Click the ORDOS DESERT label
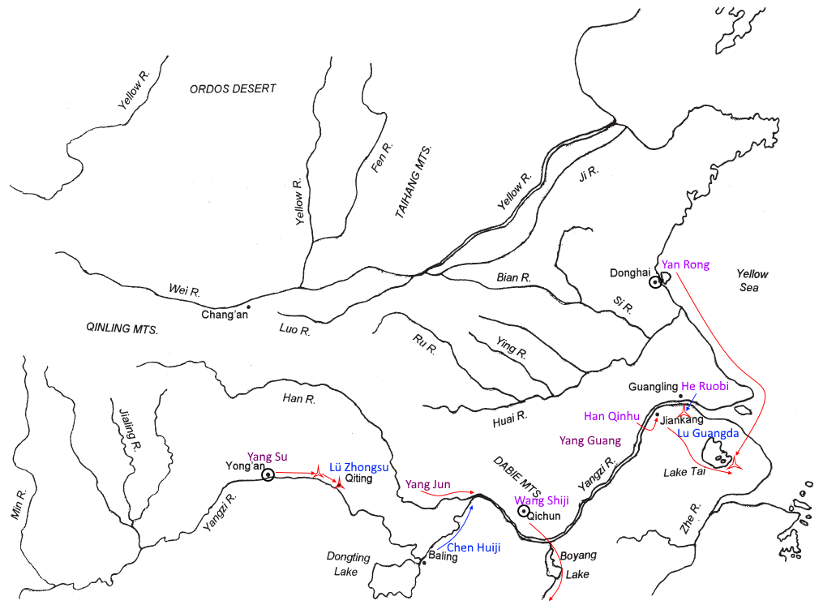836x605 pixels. coord(233,88)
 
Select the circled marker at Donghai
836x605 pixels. coord(654,282)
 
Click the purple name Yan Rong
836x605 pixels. coord(685,264)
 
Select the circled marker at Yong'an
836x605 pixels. coord(268,474)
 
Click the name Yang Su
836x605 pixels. coord(268,457)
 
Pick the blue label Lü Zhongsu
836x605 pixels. coord(359,467)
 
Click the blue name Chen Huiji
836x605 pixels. coord(474,547)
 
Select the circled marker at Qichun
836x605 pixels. coord(524,512)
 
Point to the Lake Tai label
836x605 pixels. coord(685,472)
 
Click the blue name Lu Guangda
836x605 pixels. coord(708,434)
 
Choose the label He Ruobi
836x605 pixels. coord(705,387)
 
